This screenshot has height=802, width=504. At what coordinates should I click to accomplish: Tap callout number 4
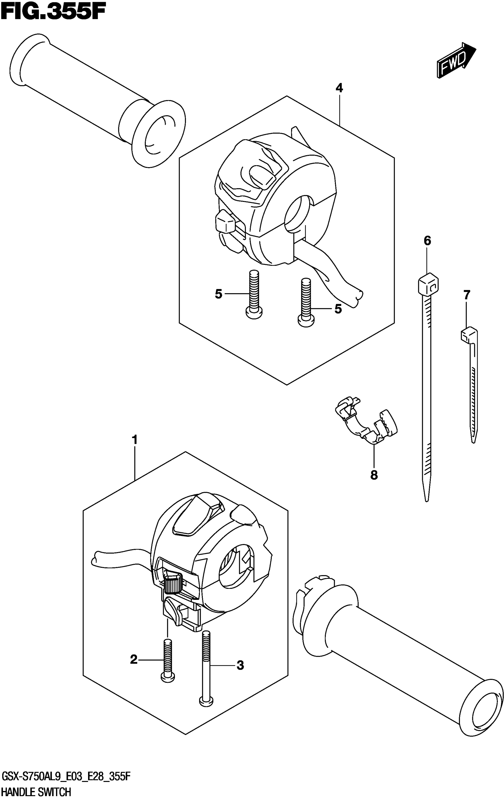339,88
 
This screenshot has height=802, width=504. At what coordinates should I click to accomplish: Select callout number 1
134,440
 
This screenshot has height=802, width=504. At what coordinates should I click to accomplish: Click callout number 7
467,295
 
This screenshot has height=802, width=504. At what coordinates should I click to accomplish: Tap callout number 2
134,659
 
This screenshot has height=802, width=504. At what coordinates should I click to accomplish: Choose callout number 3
240,665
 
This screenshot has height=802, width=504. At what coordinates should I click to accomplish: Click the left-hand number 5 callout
218,294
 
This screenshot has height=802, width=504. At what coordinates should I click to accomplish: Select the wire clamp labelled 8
366,421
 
